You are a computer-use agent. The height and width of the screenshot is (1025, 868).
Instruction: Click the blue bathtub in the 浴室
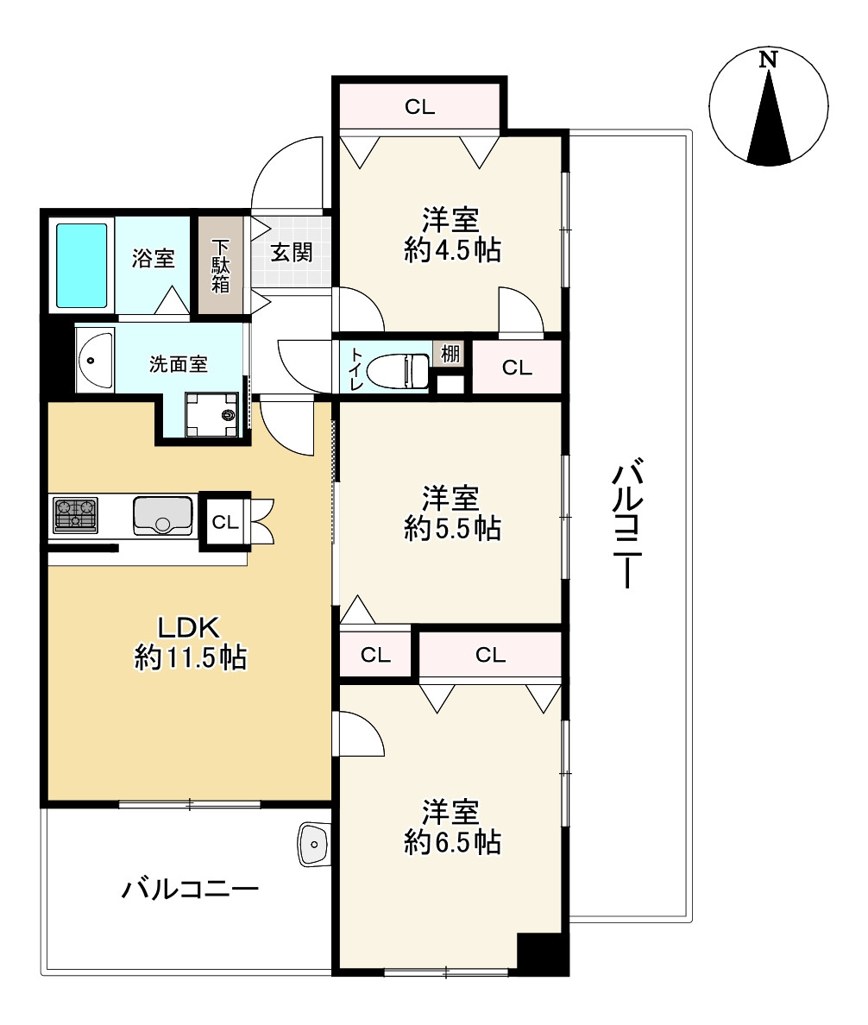pyautogui.click(x=82, y=266)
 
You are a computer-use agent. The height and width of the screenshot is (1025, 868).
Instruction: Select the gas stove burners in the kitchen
pyautogui.click(x=76, y=515)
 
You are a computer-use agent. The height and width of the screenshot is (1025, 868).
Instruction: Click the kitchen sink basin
pyautogui.click(x=163, y=515)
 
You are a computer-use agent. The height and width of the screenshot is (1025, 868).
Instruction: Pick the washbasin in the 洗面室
pyautogui.click(x=95, y=360)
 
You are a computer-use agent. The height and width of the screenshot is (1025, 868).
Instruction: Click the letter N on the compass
pyautogui.click(x=768, y=60)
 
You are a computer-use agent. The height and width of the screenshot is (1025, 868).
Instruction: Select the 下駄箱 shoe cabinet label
pyautogui.click(x=221, y=266)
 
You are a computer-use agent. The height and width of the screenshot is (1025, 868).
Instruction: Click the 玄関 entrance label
pyautogui.click(x=292, y=252)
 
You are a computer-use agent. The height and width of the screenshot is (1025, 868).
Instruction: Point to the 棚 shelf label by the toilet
pyautogui.click(x=450, y=354)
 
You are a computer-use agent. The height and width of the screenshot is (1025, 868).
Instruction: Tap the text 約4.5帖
pyautogui.click(x=452, y=250)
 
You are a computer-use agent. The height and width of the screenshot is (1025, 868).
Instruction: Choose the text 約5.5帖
pyautogui.click(x=452, y=528)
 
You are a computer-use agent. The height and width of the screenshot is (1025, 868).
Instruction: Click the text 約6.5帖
pyautogui.click(x=452, y=842)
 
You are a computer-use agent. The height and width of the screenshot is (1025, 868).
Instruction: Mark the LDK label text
pyautogui.click(x=189, y=627)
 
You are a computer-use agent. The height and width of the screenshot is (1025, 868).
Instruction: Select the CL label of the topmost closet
pyautogui.click(x=419, y=106)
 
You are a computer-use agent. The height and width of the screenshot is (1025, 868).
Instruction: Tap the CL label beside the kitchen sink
pyautogui.click(x=225, y=522)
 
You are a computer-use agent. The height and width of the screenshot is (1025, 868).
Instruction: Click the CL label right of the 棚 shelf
pyautogui.click(x=517, y=368)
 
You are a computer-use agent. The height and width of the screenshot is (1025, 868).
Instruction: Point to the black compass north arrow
pyautogui.click(x=769, y=116)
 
